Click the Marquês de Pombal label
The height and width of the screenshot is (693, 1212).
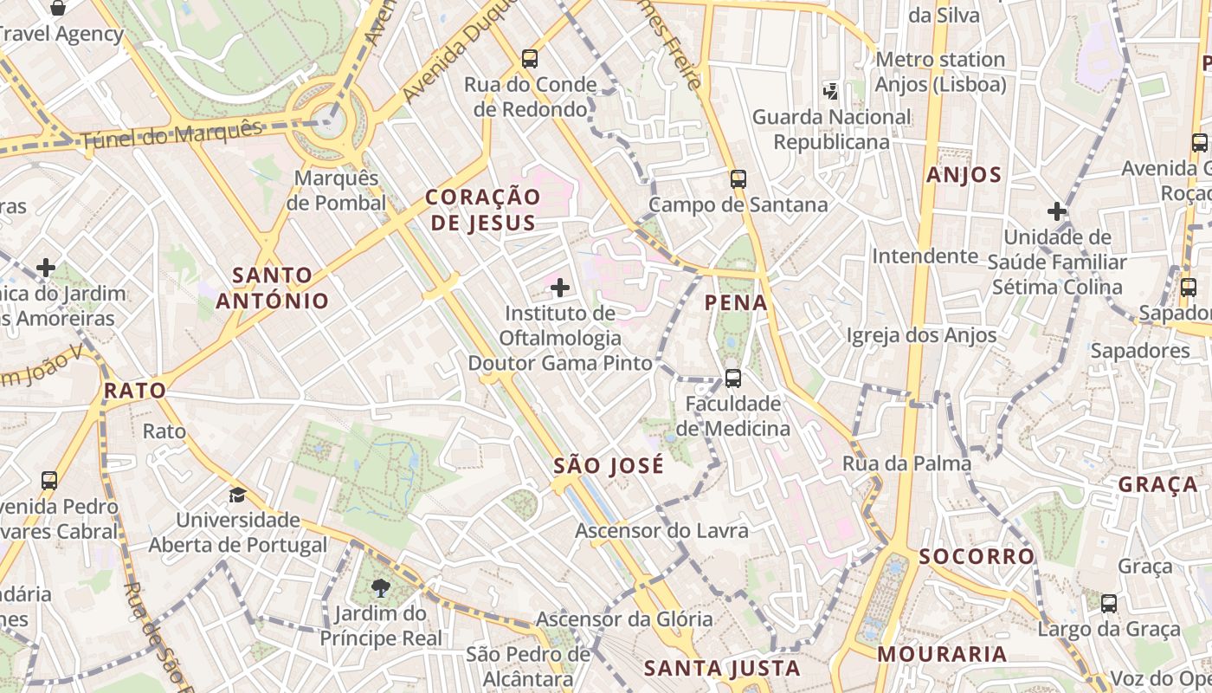click(336, 191)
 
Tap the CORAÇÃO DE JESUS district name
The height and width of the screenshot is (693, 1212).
click(482, 210)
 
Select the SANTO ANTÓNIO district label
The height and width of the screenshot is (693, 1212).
click(273, 288)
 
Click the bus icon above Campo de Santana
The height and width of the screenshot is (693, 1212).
click(738, 179)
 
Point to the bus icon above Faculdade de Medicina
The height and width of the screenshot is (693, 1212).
click(732, 379)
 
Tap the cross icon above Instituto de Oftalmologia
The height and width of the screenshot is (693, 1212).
click(560, 287)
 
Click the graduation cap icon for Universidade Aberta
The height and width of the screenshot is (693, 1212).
click(236, 495)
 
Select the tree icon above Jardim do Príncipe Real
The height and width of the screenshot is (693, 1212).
click(380, 589)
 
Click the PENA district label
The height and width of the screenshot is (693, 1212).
click(736, 302)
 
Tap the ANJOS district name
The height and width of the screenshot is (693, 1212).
click(964, 175)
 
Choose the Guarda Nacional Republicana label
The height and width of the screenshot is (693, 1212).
click(831, 129)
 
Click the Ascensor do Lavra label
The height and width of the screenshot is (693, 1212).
click(661, 530)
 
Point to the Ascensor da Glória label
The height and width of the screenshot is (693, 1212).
click(624, 619)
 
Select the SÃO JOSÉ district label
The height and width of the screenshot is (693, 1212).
click(609, 465)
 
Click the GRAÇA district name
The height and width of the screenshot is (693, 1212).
click(1157, 484)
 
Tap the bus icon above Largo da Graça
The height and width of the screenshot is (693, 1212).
click(1108, 604)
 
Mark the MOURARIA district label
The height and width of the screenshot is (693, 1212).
click(942, 654)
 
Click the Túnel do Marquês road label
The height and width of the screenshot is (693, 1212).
click(171, 134)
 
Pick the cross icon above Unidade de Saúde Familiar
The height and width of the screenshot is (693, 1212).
click(1056, 210)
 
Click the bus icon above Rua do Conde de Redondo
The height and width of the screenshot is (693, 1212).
click(530, 59)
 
